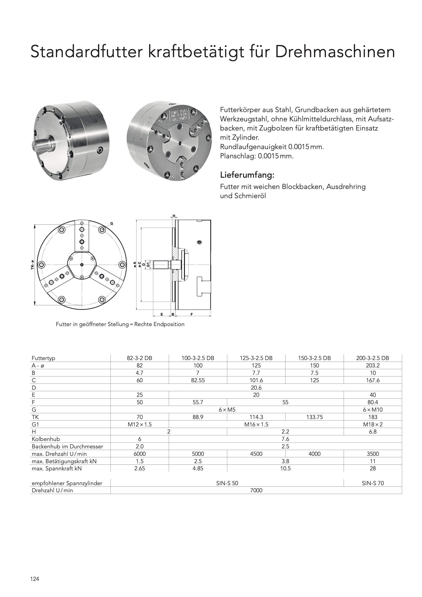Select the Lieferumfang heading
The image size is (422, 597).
point(247,175)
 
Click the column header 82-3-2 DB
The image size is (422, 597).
point(139,358)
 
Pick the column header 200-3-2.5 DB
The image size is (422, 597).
point(372,358)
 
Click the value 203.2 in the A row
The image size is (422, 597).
point(372,365)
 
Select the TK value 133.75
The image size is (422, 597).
point(314,417)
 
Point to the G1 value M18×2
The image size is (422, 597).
point(372,424)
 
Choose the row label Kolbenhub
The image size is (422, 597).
point(46,439)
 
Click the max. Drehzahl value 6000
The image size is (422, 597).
point(139,454)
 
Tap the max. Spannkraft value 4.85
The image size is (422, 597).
point(198,468)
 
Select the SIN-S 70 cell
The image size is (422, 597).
point(372,483)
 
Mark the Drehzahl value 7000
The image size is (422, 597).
point(256,490)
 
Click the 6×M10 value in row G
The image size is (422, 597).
point(372,410)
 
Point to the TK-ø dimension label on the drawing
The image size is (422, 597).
point(32,265)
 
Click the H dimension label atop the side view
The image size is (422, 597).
point(174,216)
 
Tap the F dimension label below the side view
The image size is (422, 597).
point(192,314)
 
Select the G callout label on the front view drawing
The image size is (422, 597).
point(112,223)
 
